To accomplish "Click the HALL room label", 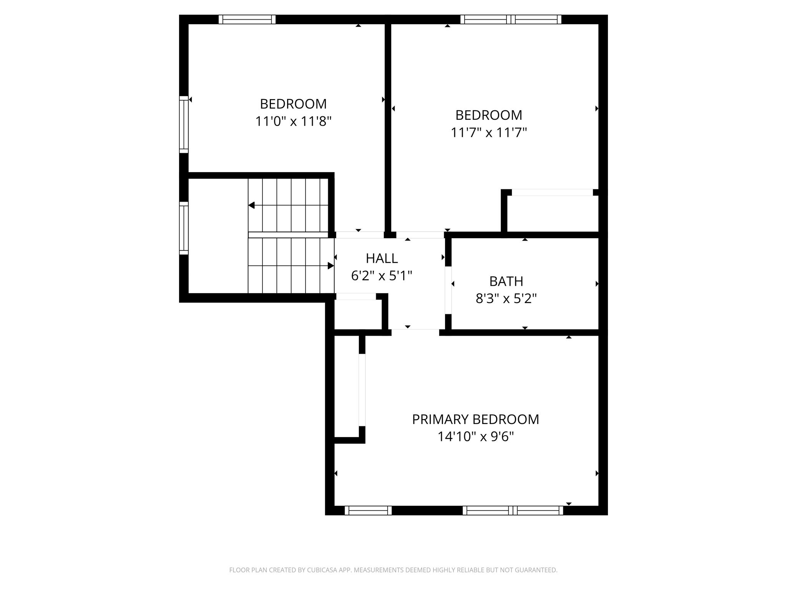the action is [x=382, y=259].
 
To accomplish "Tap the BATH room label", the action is [x=506, y=282].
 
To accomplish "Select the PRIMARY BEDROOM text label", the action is [x=475, y=419].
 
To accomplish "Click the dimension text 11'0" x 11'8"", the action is [x=293, y=122].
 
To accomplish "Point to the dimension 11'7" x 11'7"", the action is [x=488, y=133].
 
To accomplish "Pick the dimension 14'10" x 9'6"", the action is [x=476, y=437].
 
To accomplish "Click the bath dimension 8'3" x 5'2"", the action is [x=506, y=298].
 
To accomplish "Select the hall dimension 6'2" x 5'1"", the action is [x=382, y=275].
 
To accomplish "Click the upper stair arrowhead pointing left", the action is [x=251, y=205].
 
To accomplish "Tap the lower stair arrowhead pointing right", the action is [x=331, y=265].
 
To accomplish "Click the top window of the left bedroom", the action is [x=247, y=19].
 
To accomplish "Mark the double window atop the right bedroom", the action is [x=511, y=19].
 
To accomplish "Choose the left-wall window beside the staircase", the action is [x=184, y=228].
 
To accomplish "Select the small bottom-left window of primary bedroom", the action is [x=368, y=510].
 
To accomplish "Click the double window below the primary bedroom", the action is [x=513, y=510].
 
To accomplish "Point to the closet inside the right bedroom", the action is [x=553, y=214].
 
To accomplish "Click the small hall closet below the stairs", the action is [x=358, y=314].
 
